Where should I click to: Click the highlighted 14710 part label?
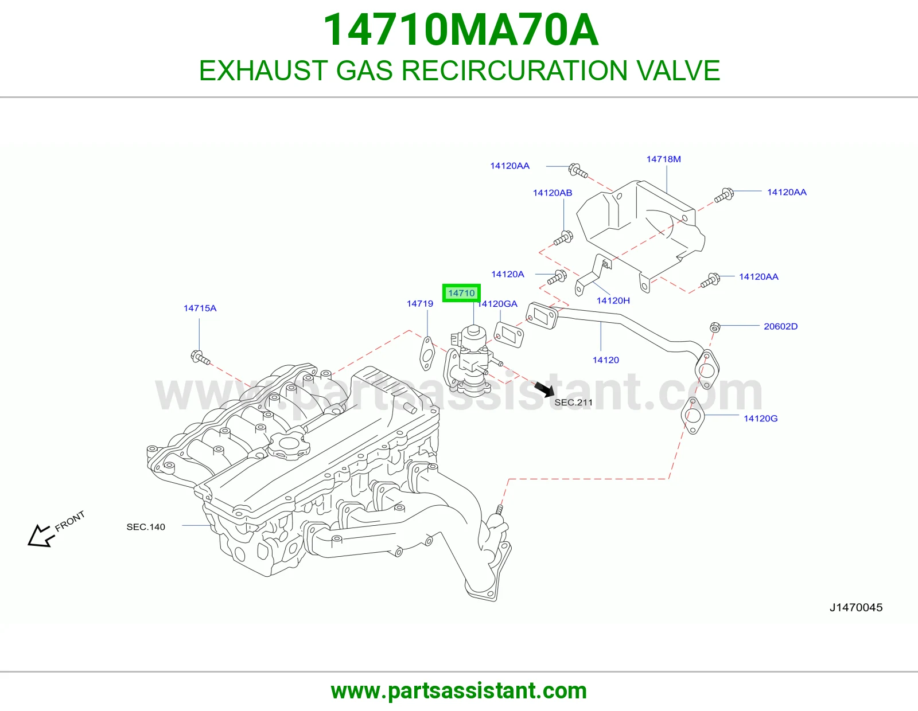461,293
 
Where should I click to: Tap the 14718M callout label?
663,159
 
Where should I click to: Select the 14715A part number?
200,308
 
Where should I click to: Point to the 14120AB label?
552,193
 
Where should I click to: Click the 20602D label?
780,326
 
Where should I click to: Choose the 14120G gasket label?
760,419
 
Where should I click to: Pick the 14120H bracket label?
613,300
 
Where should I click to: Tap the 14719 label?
419,303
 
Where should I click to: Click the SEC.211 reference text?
573,403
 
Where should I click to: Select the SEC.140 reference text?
146,527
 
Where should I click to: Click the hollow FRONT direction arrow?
41,536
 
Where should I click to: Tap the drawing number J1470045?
856,608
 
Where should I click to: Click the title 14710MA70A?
461,30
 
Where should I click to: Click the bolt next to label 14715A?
200,358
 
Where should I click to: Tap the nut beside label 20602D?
715,327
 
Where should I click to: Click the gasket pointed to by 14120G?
693,416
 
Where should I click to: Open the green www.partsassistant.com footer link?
459,691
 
